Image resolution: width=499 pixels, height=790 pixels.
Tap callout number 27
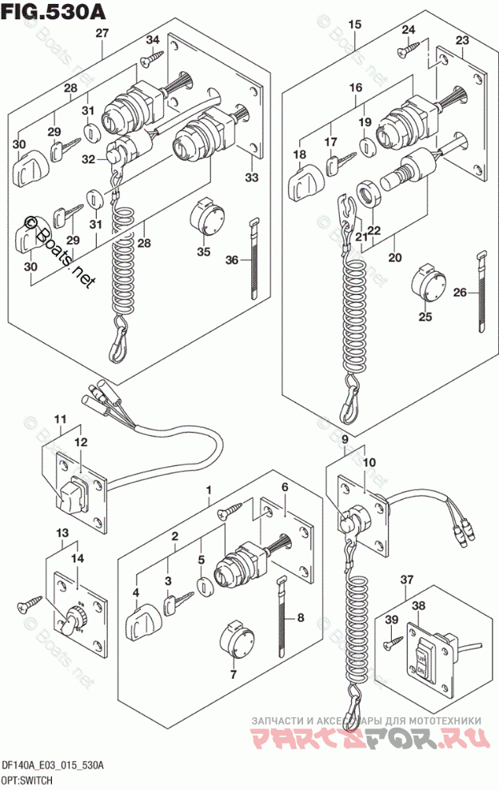102,33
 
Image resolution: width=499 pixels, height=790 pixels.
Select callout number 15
355,25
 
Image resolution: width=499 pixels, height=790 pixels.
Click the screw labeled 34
151,58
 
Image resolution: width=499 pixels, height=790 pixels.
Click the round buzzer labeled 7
234,636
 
